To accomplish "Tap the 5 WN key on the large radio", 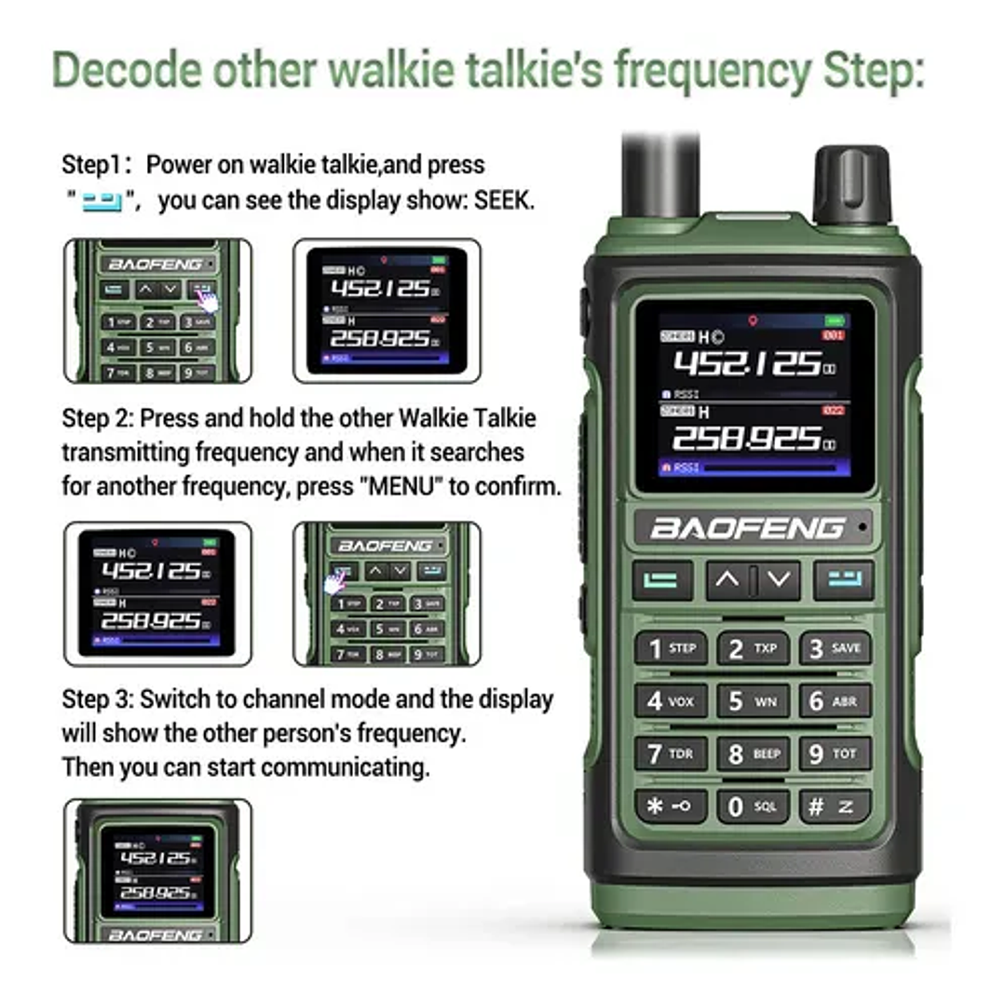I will coord(753,700).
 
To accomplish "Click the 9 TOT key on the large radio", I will coord(834,754).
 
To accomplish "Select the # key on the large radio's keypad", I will coord(834,807).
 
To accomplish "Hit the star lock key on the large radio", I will coord(670,807).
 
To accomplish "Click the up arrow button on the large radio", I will coord(727,580).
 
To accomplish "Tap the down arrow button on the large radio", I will coord(779,580).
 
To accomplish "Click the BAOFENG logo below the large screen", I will coord(747,528).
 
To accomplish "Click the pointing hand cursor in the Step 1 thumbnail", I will coord(209,301).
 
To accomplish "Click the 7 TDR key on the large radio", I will coord(670,754).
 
